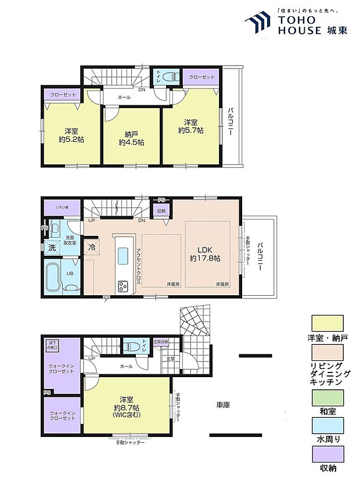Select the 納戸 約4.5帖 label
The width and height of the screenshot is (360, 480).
[x=131, y=137]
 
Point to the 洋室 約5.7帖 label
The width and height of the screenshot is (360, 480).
[x=190, y=127]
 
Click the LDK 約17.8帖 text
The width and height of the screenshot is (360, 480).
[x=207, y=253]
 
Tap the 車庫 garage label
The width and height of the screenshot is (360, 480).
[x=223, y=404]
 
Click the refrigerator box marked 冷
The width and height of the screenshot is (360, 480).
[x=92, y=246]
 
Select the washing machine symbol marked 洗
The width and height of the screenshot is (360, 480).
[x=52, y=247]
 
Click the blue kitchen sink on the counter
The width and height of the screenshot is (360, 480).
[x=124, y=255]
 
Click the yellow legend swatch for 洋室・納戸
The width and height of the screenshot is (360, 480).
[x=327, y=323]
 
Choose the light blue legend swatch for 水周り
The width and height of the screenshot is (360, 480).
[x=327, y=424]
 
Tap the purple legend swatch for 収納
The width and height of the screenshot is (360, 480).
[x=327, y=453]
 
